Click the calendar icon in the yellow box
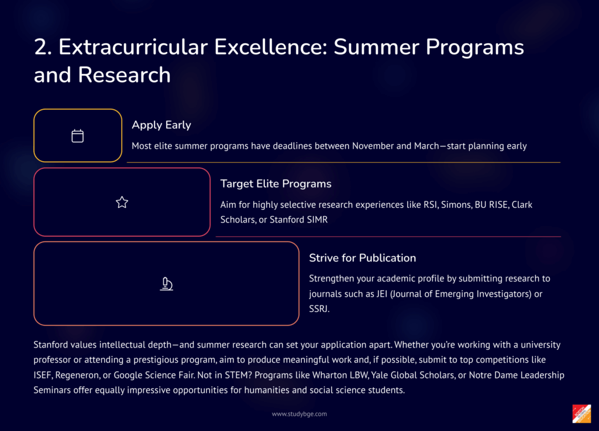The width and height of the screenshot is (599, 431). tap(78, 136)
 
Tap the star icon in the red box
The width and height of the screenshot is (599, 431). tap(122, 202)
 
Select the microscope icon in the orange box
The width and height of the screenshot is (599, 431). tap(166, 284)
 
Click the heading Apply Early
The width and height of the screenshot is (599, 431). tap(161, 125)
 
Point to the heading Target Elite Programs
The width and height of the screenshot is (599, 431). tap(276, 184)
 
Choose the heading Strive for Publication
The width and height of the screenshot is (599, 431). tap(363, 258)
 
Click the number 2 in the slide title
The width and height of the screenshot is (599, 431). tap(43, 47)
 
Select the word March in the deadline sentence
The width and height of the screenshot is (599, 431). tap(426, 146)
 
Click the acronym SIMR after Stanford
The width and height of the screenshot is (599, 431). tap(318, 220)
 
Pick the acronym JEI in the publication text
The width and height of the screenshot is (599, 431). tap(381, 294)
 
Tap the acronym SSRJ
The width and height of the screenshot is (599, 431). tap(319, 309)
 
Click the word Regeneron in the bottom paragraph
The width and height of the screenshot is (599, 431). tap(78, 376)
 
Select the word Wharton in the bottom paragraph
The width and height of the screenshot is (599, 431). tap(329, 376)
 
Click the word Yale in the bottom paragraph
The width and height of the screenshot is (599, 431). tap(379, 376)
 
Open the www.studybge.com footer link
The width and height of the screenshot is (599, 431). tap(299, 414)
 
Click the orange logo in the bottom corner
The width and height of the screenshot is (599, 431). tap(581, 414)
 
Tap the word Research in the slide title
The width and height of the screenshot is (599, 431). tap(125, 75)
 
